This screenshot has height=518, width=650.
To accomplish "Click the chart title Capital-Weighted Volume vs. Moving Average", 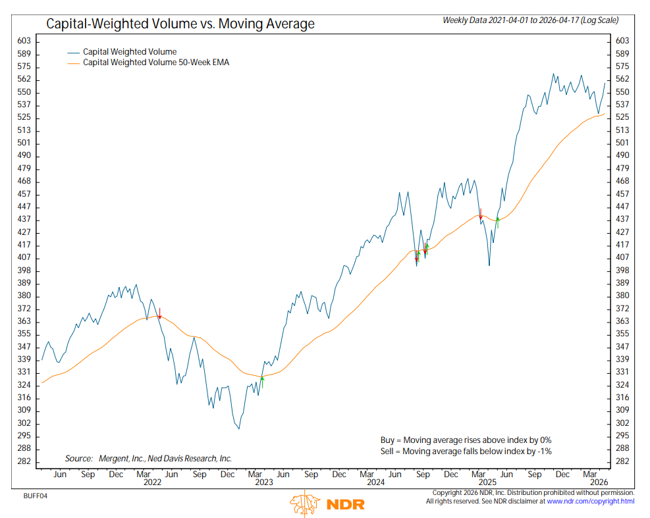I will tap(180, 24).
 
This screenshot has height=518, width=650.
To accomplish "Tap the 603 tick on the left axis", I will tap(24, 41).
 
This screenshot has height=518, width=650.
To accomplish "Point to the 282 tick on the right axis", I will tap(623, 461).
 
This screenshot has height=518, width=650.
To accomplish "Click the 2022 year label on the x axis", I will tap(152, 482).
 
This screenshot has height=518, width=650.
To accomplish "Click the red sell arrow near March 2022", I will tap(159, 313).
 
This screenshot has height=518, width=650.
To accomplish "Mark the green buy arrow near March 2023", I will tap(261, 381).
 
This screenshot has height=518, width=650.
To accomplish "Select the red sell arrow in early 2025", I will tap(481, 213).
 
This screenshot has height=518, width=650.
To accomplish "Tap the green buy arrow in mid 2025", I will tap(498, 222).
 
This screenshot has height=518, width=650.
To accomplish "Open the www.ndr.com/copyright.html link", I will tap(591, 502).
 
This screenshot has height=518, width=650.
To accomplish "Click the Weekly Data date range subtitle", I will tap(530, 20).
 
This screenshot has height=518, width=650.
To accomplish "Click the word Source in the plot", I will tap(78, 458).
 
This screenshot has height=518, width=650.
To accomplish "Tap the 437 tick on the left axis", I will tap(24, 219).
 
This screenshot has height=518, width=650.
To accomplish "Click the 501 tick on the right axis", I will tap(623, 143).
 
